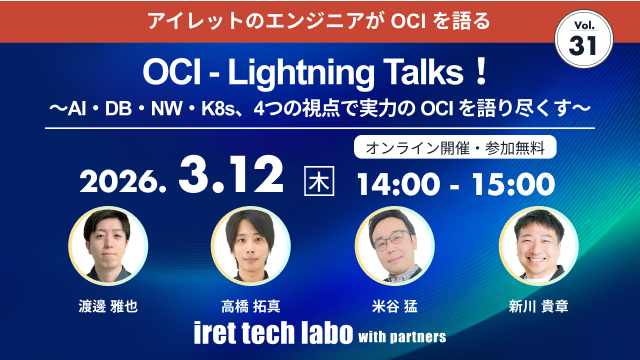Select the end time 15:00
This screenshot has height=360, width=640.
[513, 182]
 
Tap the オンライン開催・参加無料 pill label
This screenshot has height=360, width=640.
[455, 144]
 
